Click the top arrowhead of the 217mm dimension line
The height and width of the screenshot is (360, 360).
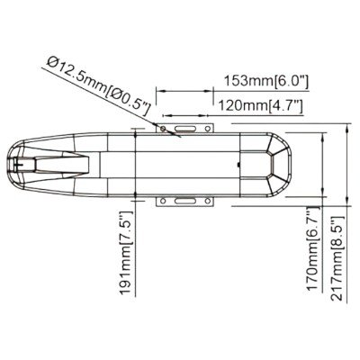(347, 131)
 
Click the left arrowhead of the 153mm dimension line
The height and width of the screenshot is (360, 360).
(160, 89)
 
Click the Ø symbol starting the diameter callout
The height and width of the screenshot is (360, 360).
(53, 62)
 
